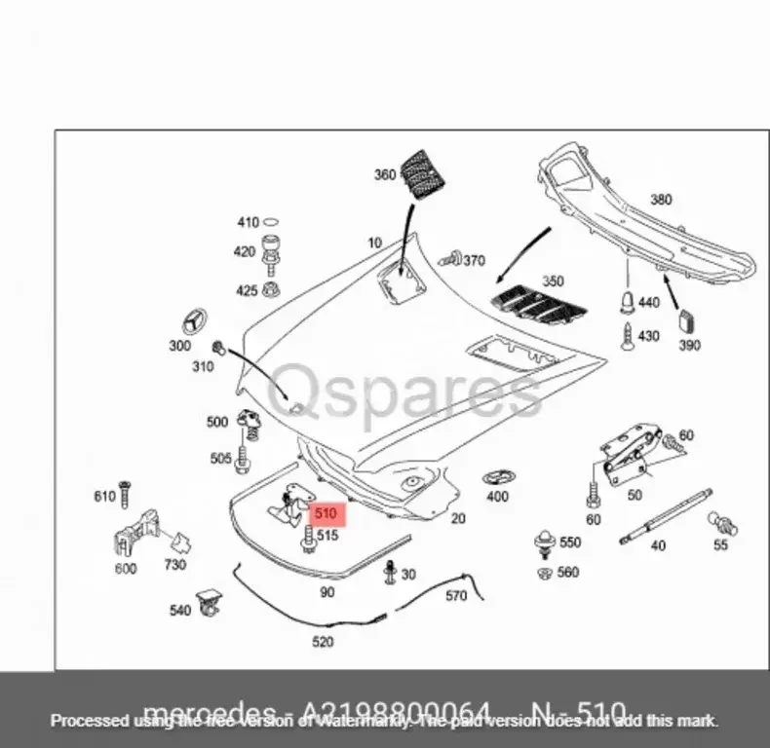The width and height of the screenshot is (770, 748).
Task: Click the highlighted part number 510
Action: tap(325, 512)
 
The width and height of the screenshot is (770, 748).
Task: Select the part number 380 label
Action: tap(661, 201)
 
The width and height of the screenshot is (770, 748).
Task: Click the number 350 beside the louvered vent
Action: tap(553, 281)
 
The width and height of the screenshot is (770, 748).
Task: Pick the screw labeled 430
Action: tap(627, 335)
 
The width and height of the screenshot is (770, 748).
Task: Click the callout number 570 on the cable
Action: tap(456, 596)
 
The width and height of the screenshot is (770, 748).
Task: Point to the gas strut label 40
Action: tap(658, 545)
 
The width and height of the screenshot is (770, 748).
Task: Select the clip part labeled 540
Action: tap(207, 603)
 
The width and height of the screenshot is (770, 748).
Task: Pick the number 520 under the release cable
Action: tap(322, 642)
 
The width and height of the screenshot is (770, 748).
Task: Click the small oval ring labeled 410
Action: tap(273, 222)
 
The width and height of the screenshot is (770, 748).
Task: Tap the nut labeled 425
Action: tap(273, 290)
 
